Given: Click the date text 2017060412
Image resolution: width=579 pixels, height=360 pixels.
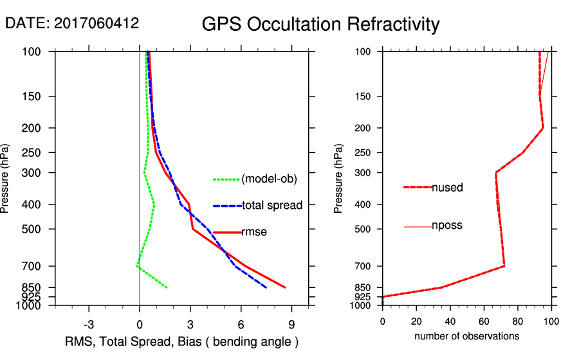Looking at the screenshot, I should [96, 23].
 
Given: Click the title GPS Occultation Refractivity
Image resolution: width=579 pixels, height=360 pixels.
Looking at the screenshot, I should [320, 24].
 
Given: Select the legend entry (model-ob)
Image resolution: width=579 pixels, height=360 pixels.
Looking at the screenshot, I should [269, 179].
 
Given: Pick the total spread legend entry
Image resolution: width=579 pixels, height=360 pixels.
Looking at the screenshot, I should [272, 206].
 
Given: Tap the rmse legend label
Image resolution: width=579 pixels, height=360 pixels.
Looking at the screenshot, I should [254, 232].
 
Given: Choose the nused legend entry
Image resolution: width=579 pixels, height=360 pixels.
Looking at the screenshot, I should [447, 187].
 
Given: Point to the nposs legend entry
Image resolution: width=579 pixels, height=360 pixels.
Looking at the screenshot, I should [447, 226].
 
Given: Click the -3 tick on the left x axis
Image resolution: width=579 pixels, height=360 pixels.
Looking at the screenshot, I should [89, 324].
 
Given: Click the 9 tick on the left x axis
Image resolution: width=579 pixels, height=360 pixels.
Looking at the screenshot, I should [291, 324].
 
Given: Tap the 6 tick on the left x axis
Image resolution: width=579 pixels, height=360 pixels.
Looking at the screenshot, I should [241, 324].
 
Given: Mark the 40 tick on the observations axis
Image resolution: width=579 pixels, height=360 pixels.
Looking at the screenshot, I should [450, 321].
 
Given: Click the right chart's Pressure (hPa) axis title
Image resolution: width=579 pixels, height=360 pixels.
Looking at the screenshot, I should [339, 178].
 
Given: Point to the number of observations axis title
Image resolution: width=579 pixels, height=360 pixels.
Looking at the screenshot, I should [466, 336].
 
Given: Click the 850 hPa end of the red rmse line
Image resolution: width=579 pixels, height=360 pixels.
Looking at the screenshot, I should [285, 287].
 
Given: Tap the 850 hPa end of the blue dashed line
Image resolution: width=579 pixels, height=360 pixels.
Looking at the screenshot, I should [266, 287].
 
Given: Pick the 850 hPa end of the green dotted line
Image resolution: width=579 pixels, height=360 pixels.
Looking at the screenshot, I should [167, 287].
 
